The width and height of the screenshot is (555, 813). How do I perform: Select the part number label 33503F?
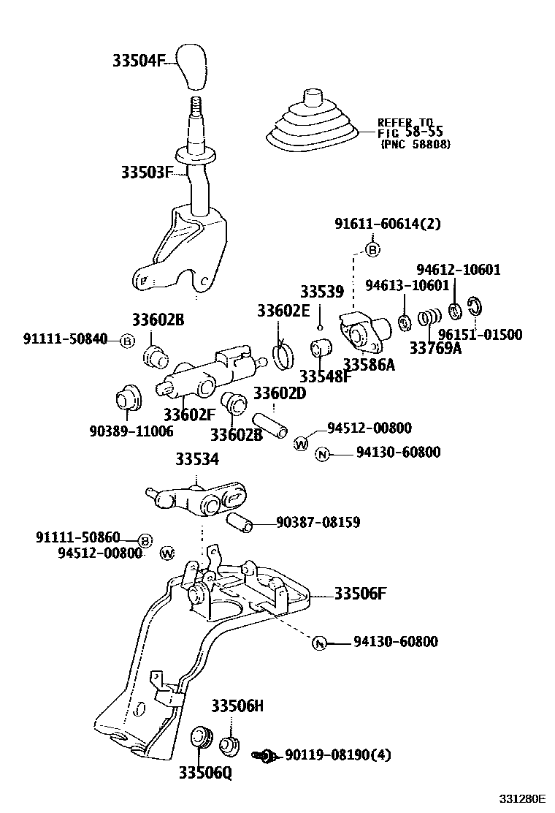tap(146, 173)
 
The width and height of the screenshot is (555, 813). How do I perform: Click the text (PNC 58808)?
tap(415, 145)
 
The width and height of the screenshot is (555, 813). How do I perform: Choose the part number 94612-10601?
tap(458, 270)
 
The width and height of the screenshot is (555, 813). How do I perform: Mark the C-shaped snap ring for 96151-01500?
tap(474, 310)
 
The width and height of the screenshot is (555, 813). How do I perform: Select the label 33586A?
tap(369, 364)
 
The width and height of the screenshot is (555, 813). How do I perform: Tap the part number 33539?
tap(321, 292)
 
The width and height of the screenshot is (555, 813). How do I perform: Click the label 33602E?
tap(283, 311)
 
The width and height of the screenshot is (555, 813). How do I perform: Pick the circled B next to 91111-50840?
tap(127, 341)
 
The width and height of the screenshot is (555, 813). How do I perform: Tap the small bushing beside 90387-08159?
tap(239, 522)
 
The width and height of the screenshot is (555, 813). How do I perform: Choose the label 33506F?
tap(360, 593)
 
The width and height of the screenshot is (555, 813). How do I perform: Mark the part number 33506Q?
tap(204, 774)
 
